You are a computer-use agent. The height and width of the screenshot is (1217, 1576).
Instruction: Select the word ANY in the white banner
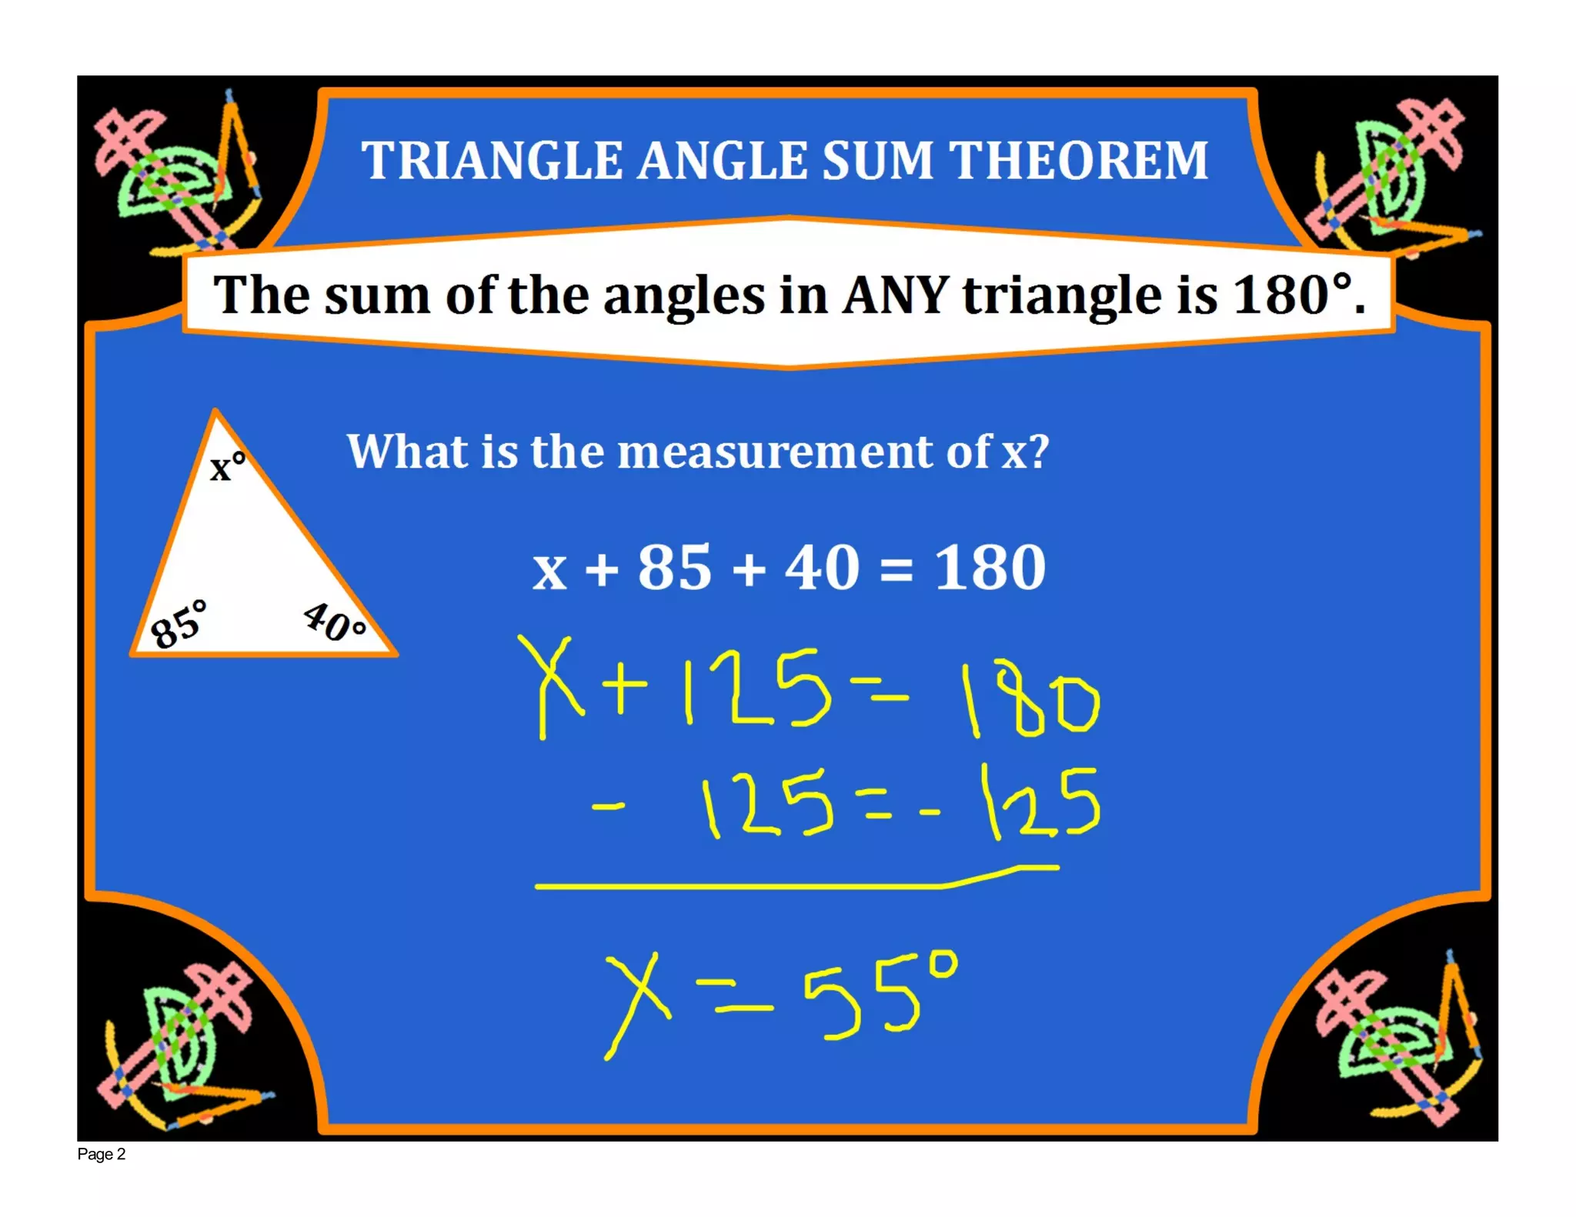(895, 295)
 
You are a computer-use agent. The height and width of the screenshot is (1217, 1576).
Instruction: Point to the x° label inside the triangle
(227, 466)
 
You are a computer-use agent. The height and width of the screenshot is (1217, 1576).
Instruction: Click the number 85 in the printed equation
(674, 568)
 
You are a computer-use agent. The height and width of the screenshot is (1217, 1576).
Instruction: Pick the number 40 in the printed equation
(821, 568)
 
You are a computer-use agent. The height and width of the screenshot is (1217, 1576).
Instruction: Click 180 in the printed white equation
(990, 568)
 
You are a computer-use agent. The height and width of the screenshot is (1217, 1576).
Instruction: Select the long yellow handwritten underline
(770, 885)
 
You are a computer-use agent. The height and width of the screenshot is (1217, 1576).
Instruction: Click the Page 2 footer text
(101, 1154)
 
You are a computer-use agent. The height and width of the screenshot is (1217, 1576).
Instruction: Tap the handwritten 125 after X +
(757, 687)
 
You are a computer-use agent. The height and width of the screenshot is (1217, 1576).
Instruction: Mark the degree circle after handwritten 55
(943, 964)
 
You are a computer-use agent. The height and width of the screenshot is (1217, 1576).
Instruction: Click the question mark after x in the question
(1038, 452)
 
